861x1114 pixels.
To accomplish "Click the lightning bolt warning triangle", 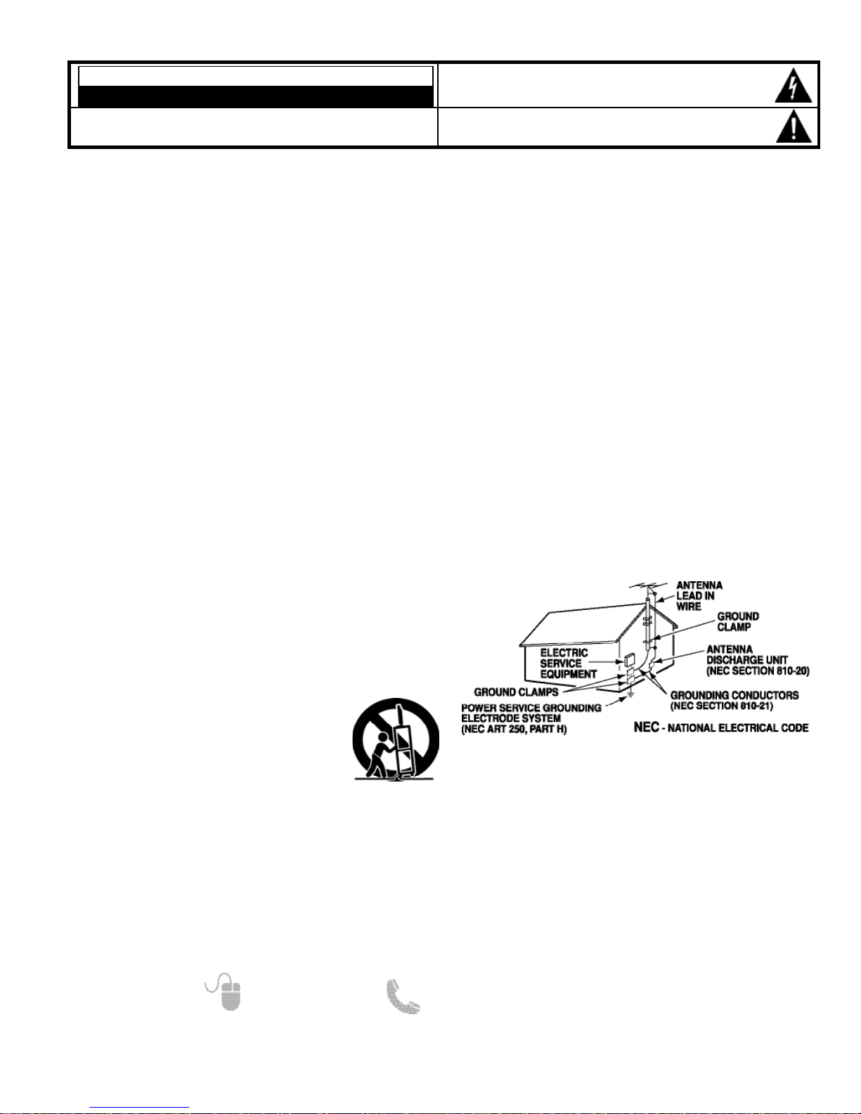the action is (793, 86).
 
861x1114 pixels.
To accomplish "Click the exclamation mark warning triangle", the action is (794, 126).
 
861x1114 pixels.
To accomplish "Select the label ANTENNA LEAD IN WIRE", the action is (699, 596).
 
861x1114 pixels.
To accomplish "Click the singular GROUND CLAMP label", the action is (738, 621).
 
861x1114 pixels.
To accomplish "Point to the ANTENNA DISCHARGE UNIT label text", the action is (746, 654).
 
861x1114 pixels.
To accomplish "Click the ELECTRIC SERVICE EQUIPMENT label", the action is (569, 663).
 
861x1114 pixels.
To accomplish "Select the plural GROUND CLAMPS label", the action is (516, 692).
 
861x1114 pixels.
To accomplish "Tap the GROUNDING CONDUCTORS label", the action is (734, 695).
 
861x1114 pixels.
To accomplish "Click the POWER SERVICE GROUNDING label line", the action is (531, 708).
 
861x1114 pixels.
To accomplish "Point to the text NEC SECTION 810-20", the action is (758, 671).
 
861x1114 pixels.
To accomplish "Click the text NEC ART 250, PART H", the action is (514, 729).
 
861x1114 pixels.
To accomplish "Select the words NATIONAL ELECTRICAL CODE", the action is (738, 728).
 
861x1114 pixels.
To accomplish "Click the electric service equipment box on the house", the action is (629, 660).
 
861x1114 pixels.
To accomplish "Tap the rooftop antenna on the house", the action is (648, 585).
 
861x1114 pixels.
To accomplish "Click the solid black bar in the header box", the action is (255, 96).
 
